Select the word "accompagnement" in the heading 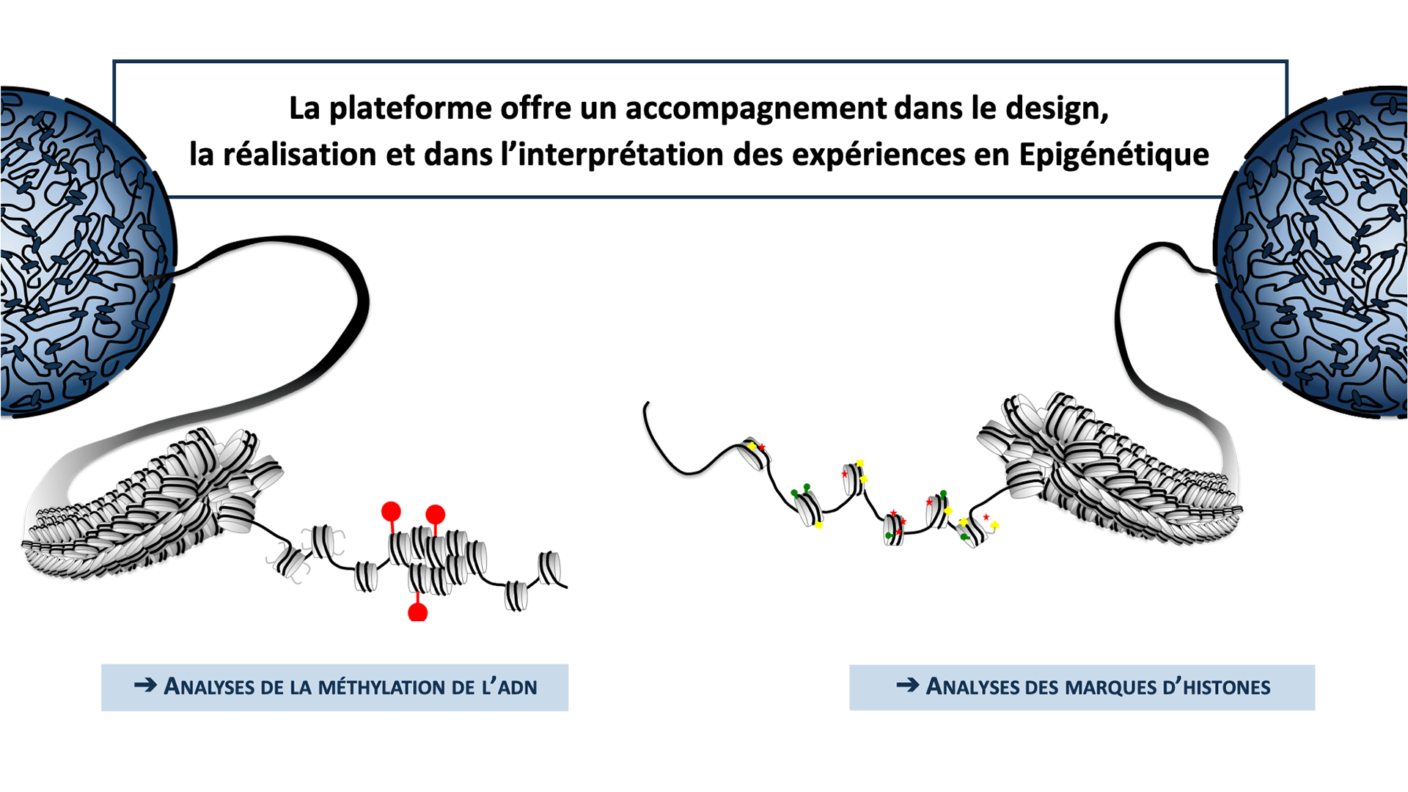pyautogui.click(x=755, y=109)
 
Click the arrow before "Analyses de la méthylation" pyautogui.click(x=145, y=685)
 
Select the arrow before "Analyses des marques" pyautogui.click(x=907, y=685)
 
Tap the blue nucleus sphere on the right pyautogui.click(x=1320, y=257)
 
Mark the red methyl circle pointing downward pyautogui.click(x=417, y=612)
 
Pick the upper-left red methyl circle pyautogui.click(x=391, y=511)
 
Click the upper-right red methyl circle pyautogui.click(x=435, y=513)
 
